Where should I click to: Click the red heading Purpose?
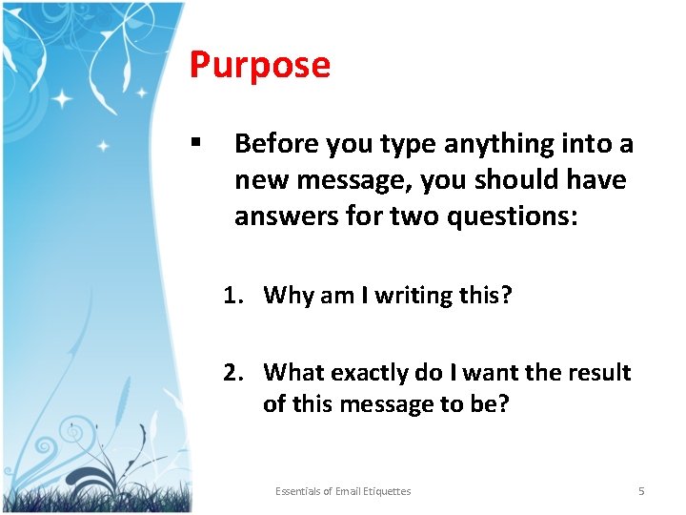coord(259,65)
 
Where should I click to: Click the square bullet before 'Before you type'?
coord(194,143)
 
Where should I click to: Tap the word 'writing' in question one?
coord(413,296)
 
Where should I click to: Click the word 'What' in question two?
coord(291,372)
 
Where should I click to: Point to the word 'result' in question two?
coord(598,372)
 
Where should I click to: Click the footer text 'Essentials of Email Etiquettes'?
coord(343,491)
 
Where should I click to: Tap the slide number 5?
coord(641,491)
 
